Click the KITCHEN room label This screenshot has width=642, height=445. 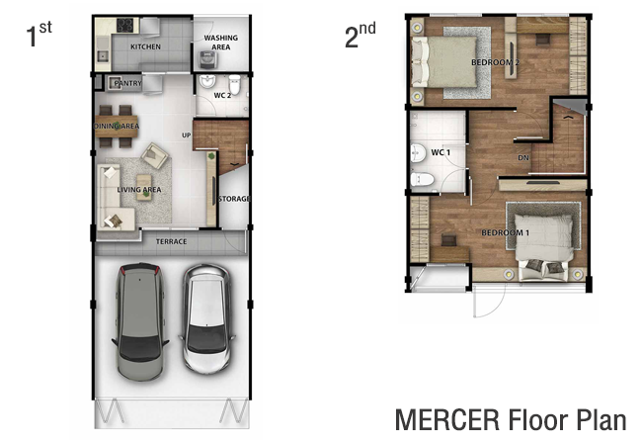[145, 46]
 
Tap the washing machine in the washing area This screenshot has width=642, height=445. [208, 59]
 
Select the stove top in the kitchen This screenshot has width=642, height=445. [124, 26]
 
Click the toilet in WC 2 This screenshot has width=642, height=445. [235, 84]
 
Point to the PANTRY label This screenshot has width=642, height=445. [127, 83]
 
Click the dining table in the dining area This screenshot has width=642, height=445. [117, 127]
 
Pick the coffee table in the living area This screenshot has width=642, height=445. [144, 187]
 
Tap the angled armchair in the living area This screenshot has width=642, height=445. [154, 155]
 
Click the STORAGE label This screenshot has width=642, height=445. [234, 199]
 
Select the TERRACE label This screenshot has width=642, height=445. [171, 241]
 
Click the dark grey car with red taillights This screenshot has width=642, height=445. [140, 321]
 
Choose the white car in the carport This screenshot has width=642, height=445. [206, 318]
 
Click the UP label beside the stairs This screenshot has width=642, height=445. [187, 135]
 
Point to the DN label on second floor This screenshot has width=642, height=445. [523, 158]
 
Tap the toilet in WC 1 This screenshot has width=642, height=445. [422, 179]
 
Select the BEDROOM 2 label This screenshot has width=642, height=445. [495, 62]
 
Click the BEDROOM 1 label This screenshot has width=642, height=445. [506, 232]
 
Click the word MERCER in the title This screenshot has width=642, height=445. [447, 419]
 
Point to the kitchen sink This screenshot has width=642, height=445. [103, 56]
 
